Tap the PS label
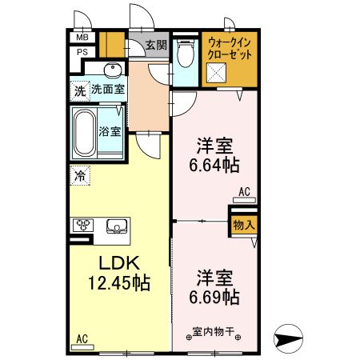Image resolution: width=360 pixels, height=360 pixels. coord(82,53)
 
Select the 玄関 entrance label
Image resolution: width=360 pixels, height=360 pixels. coord(156,46)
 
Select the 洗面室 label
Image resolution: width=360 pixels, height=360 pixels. coord(107,90)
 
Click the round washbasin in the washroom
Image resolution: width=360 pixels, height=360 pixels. coord(112,70)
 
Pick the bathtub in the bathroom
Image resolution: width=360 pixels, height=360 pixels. coord(83,131)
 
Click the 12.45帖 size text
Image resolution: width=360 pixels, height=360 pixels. coord(118,282)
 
